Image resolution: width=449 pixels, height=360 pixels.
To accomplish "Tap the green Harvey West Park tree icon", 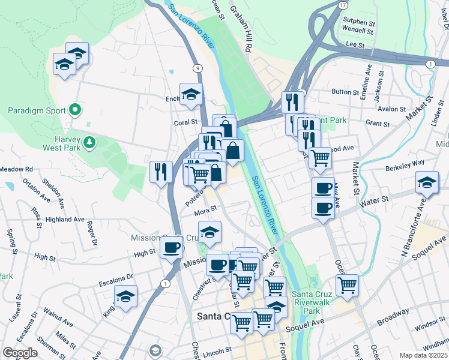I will coord(89,142).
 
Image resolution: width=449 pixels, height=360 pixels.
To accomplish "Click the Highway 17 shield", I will coord(342,5).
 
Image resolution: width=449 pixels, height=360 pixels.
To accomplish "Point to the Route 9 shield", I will coord(197,68).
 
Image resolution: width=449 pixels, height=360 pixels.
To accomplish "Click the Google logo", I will coord(20,353).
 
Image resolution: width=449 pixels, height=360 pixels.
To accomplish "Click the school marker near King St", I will coord(126,296).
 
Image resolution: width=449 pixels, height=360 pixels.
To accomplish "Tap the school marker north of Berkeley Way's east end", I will coord(427,182).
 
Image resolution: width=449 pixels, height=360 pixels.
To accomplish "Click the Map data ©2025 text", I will coord(424,355).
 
